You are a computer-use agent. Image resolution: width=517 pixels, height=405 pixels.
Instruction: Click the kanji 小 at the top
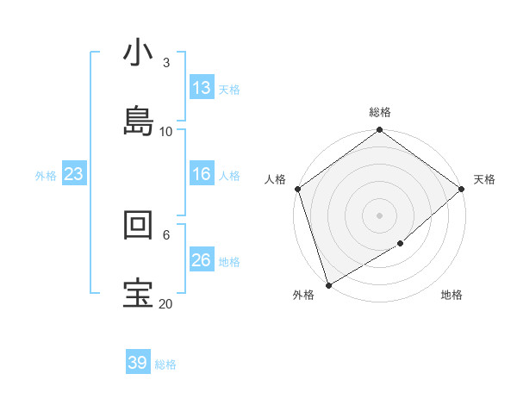click(138, 54)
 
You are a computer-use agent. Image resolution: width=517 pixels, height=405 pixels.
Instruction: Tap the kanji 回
click(138, 226)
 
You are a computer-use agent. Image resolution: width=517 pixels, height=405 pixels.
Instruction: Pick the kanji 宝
click(138, 293)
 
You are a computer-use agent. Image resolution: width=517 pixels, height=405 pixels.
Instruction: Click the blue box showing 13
click(202, 88)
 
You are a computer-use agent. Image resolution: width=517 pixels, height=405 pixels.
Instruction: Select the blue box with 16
click(202, 174)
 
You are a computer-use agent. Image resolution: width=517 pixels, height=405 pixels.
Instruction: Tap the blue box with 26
click(202, 260)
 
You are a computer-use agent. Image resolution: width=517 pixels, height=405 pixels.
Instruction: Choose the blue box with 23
click(74, 174)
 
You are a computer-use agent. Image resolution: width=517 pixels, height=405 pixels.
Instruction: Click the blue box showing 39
click(138, 363)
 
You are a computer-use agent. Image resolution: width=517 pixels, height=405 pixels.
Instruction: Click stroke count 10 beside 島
click(166, 131)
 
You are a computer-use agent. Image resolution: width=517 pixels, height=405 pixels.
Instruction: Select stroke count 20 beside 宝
click(166, 303)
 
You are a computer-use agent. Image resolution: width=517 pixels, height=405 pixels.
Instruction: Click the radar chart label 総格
click(379, 112)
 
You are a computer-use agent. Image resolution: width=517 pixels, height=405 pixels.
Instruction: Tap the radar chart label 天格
click(484, 179)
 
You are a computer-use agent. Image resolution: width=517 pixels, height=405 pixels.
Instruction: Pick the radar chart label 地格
click(452, 295)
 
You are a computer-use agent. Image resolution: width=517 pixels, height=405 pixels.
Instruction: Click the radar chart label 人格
click(275, 179)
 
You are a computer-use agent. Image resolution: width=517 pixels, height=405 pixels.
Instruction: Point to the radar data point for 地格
click(401, 244)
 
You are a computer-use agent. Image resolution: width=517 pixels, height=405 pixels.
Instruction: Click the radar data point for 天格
click(462, 189)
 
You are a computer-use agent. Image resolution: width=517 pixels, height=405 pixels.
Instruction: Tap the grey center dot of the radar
click(379, 215)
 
